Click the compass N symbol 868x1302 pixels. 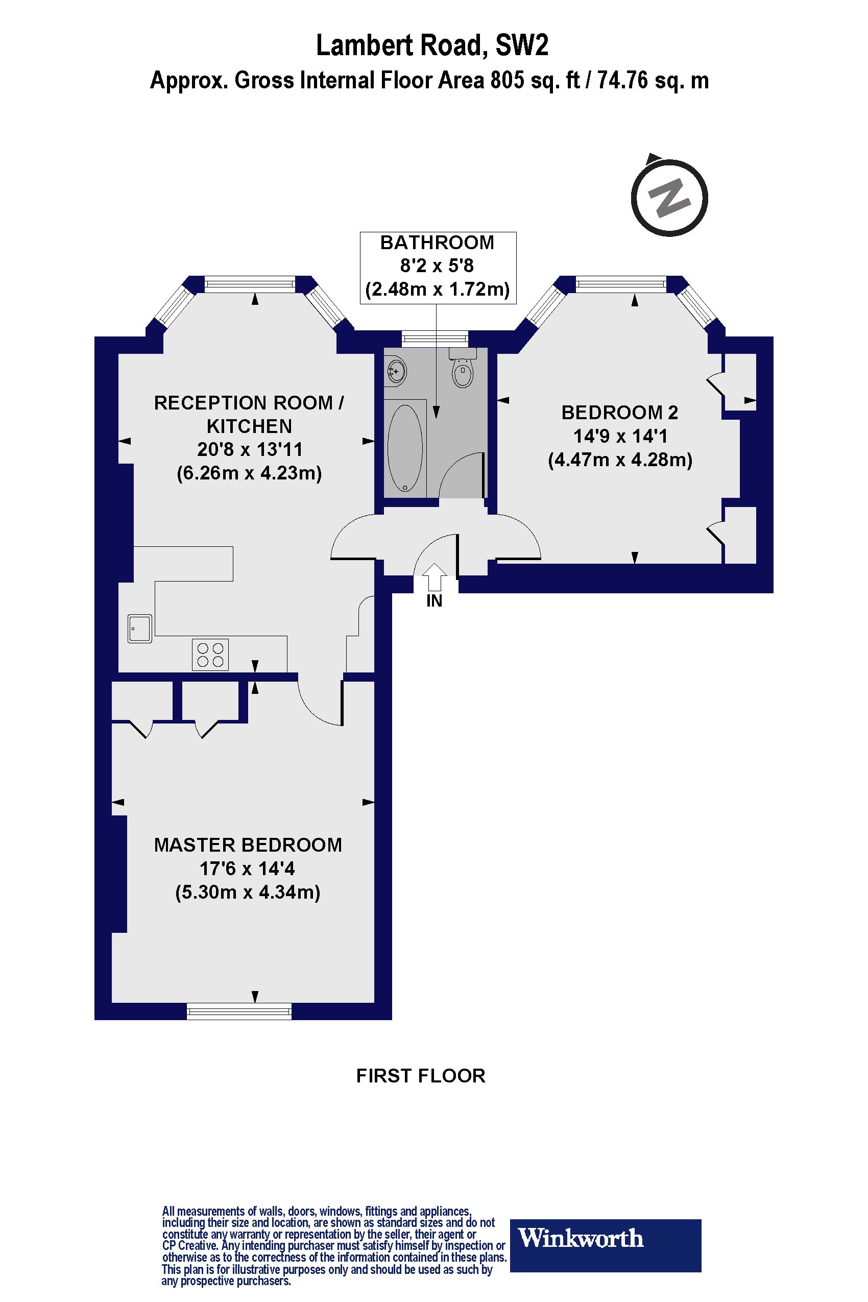[669, 198]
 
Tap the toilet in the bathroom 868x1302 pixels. [463, 369]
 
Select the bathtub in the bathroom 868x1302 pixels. [405, 447]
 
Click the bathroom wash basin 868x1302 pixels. [397, 369]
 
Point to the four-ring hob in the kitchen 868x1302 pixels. [210, 655]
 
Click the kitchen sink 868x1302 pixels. [139, 629]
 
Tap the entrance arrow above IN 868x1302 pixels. [435, 577]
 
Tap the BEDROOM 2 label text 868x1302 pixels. [619, 413]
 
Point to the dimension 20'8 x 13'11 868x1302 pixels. [250, 449]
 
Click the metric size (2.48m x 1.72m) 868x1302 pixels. [438, 289]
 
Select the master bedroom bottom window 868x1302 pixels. [239, 1012]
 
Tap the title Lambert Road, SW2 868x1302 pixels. [432, 46]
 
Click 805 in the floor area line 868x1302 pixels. [507, 81]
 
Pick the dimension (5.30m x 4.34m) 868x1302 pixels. [248, 893]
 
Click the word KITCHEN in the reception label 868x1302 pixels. [249, 426]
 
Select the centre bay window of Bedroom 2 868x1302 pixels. [620, 285]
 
